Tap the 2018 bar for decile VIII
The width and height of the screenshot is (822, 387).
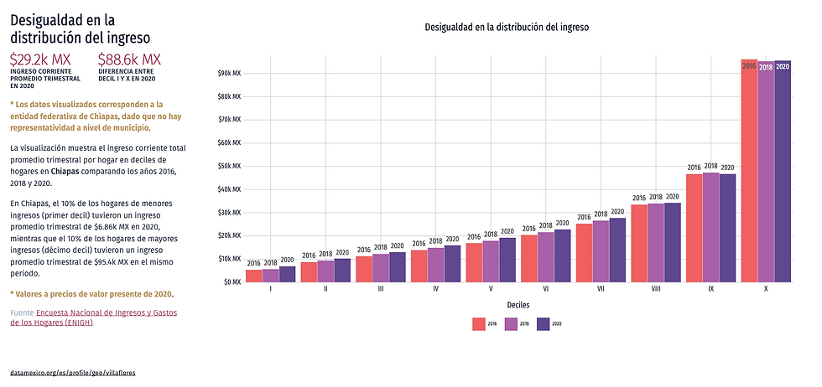[656, 243]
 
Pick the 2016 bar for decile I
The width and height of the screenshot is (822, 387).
[253, 276]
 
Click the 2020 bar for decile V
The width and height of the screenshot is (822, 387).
[507, 260]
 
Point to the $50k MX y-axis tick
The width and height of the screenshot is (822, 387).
[231, 166]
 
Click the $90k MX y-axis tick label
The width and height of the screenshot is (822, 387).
[231, 73]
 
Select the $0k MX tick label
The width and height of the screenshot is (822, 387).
[233, 281]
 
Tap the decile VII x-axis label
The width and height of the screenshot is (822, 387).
[601, 290]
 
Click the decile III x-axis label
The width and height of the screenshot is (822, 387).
[381, 290]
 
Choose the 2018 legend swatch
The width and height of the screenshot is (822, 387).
[511, 323]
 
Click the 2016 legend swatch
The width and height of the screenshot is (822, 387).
[479, 323]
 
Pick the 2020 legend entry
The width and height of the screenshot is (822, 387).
[549, 323]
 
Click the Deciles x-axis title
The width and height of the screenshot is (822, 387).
[518, 306]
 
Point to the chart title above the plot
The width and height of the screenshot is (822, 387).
[507, 27]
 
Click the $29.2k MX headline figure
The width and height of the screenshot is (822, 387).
[40, 59]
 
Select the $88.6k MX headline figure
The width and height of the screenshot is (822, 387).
[129, 59]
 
